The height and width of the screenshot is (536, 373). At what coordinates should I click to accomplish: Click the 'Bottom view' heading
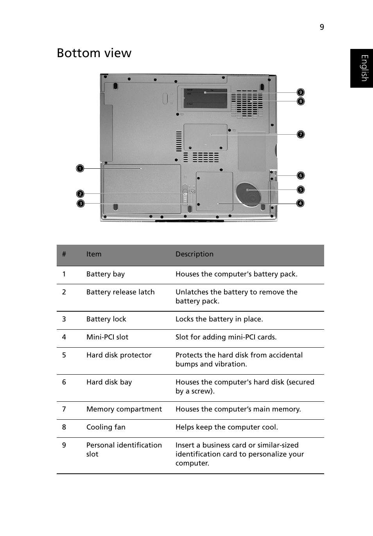pyautogui.click(x=94, y=53)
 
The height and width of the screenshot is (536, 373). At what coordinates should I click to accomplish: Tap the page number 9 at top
pyautogui.click(x=322, y=27)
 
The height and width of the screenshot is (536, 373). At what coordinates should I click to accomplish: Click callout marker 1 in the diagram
pyautogui.click(x=80, y=168)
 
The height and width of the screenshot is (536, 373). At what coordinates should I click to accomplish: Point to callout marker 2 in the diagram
pyautogui.click(x=80, y=194)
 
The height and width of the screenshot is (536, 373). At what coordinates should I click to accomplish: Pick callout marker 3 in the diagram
pyautogui.click(x=80, y=203)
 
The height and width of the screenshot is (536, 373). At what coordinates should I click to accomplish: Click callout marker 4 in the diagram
pyautogui.click(x=300, y=203)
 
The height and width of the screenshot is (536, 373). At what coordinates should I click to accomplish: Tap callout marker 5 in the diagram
pyautogui.click(x=300, y=189)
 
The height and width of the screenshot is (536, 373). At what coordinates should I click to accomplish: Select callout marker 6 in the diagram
pyautogui.click(x=300, y=175)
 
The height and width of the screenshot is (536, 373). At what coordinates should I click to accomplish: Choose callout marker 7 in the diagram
pyautogui.click(x=300, y=134)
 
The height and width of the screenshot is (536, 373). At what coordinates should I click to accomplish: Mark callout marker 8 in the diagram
pyautogui.click(x=300, y=101)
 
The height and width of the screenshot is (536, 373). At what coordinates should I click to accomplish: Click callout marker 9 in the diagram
pyautogui.click(x=300, y=92)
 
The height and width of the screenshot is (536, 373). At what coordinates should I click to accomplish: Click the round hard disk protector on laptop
pyautogui.click(x=248, y=193)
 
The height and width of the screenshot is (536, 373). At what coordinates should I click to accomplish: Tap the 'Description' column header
pyautogui.click(x=194, y=254)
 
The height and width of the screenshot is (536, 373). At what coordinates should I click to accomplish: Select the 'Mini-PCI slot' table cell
pyautogui.click(x=107, y=337)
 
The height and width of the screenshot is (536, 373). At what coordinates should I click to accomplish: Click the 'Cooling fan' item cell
pyautogui.click(x=106, y=427)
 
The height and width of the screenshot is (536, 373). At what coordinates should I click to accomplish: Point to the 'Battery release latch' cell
pyautogui.click(x=120, y=292)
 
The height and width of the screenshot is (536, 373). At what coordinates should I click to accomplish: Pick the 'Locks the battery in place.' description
pyautogui.click(x=219, y=319)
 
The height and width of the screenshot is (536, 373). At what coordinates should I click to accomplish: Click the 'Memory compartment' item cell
pyautogui.click(x=124, y=409)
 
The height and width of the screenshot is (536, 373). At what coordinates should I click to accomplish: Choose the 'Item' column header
pyautogui.click(x=94, y=254)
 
